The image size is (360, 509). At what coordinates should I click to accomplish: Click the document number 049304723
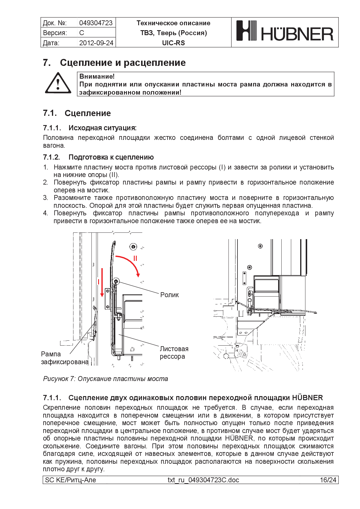96,23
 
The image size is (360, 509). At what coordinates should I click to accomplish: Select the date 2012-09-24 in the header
96,43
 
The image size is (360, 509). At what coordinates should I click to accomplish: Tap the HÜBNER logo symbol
246,30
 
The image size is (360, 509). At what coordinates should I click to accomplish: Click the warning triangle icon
58,84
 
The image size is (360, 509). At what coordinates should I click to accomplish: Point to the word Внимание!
97,76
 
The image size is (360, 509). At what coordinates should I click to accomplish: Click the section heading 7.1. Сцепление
77,113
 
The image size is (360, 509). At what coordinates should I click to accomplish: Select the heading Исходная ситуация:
102,128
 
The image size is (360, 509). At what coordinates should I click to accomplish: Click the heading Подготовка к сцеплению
111,157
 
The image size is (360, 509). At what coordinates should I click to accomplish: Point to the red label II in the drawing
135,258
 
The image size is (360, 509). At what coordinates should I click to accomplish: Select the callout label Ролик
170,295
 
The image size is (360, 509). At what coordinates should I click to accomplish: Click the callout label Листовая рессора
174,353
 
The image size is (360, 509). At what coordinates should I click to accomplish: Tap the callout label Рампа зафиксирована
64,358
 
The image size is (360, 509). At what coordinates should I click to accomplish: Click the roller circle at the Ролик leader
116,281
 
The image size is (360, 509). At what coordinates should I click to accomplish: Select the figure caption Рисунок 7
105,379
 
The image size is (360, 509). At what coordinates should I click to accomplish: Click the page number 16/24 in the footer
328,480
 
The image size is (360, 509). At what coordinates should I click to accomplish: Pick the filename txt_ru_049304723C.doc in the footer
203,480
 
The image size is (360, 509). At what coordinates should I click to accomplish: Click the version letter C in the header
82,33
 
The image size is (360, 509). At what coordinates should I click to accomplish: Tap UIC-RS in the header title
173,43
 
